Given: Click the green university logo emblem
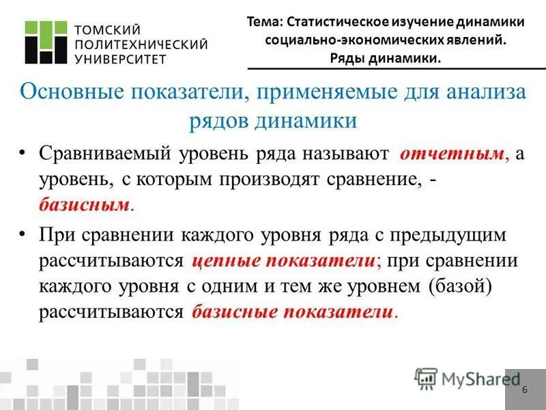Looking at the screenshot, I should pyautogui.click(x=47, y=43).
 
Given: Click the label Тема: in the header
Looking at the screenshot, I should pyautogui.click(x=263, y=22).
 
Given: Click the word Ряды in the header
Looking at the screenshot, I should pyautogui.click(x=346, y=58).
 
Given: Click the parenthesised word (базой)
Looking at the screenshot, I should pyautogui.click(x=460, y=286).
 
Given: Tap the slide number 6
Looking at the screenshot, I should pyautogui.click(x=524, y=390).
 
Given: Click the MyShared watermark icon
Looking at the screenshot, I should pyautogui.click(x=427, y=378).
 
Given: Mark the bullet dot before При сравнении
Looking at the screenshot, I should pyautogui.click(x=24, y=234).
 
